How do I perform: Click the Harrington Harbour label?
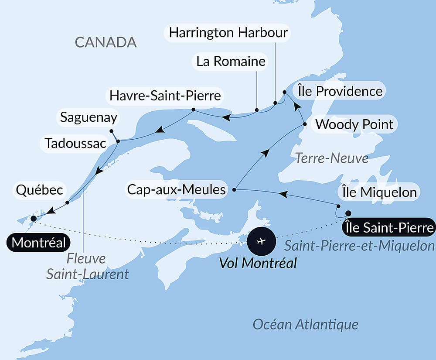[x=228, y=33]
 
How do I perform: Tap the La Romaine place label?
[x=231, y=61]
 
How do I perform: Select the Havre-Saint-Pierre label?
[x=165, y=95]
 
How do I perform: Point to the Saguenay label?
[x=89, y=117]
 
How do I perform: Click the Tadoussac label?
[x=75, y=143]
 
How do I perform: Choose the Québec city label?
[x=40, y=190]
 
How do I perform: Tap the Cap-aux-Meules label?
[x=177, y=189]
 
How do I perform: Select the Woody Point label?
[x=354, y=124]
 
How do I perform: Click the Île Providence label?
[x=340, y=91]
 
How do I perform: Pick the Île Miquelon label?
[x=378, y=192]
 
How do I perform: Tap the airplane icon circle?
[x=261, y=241]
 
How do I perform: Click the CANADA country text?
[x=106, y=42]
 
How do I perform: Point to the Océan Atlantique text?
[x=306, y=324]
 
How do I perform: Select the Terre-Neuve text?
[x=332, y=158]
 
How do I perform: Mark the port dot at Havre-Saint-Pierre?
[x=193, y=110]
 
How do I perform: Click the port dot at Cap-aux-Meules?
[x=235, y=190]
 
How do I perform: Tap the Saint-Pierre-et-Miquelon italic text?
[x=359, y=246]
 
